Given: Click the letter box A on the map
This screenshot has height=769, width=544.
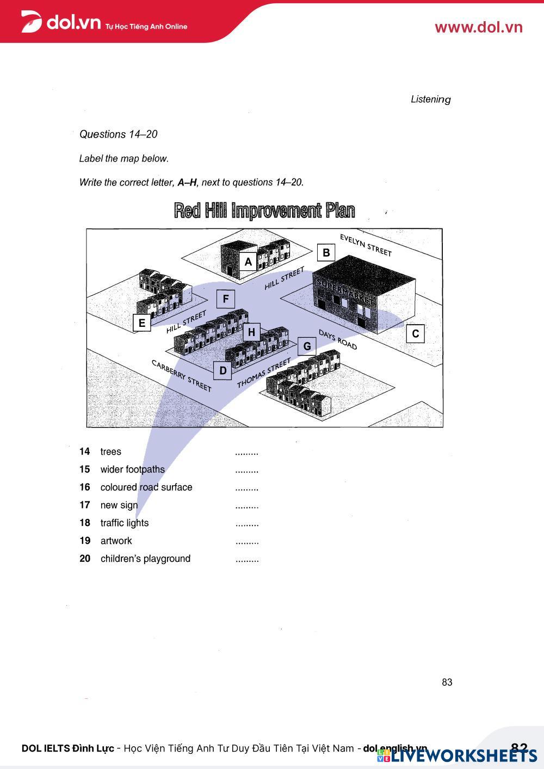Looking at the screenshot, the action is tap(248, 262).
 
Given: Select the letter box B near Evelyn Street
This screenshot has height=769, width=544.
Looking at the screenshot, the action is tap(326, 252).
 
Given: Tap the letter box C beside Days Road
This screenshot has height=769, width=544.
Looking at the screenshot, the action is tap(416, 333).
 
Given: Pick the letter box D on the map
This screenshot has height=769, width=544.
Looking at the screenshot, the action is tap(222, 371).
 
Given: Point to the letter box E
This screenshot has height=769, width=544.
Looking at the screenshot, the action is tap(142, 323).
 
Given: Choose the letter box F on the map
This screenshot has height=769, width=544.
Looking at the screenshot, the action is tap(226, 299).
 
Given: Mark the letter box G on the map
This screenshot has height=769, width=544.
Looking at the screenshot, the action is tap(307, 346).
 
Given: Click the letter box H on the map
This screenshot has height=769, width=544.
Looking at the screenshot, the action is tap(251, 332).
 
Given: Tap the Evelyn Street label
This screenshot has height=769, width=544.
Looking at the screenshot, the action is tap(366, 245).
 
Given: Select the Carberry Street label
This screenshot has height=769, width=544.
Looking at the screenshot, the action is tap(181, 375).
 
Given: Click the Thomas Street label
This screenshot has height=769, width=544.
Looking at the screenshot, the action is tap(264, 374).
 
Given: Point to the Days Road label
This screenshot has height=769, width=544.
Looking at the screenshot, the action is tap(338, 340).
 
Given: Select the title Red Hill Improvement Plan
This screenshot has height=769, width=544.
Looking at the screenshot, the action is tap(264, 210).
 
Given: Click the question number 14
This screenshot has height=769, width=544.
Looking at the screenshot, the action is tap(84, 451).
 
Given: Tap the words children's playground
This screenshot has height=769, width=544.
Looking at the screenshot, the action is tap(145, 559).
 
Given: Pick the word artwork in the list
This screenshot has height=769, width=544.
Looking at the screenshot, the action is tap(116, 541).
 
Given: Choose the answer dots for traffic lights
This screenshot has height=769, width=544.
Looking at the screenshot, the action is tap(247, 524).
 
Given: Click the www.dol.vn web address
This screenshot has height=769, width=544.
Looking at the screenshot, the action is tap(478, 27).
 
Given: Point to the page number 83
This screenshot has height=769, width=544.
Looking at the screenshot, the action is tap(447, 682).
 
